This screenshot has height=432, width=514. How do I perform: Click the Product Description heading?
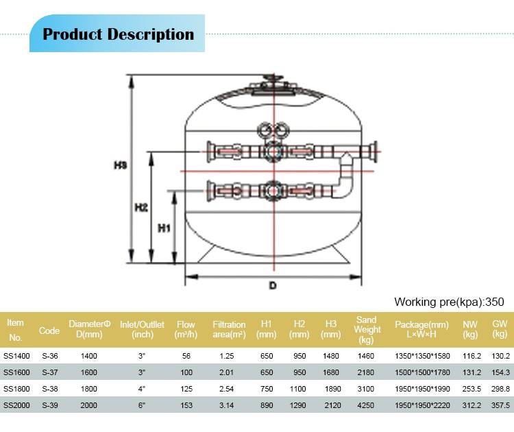point(118,34)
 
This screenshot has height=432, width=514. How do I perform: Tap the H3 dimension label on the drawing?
point(120,165)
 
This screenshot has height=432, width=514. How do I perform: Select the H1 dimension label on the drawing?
point(164,229)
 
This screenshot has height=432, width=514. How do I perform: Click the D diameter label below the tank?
point(273,286)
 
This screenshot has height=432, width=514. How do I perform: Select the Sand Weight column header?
point(367,330)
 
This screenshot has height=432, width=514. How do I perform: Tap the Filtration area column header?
point(229,330)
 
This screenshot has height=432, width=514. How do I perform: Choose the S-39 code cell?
point(49,405)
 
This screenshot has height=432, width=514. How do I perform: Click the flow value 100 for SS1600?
point(186,372)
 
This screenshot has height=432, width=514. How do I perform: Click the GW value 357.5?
point(501,405)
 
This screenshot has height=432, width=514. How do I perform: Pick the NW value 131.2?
point(470,372)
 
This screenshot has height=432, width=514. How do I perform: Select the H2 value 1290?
point(299,405)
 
